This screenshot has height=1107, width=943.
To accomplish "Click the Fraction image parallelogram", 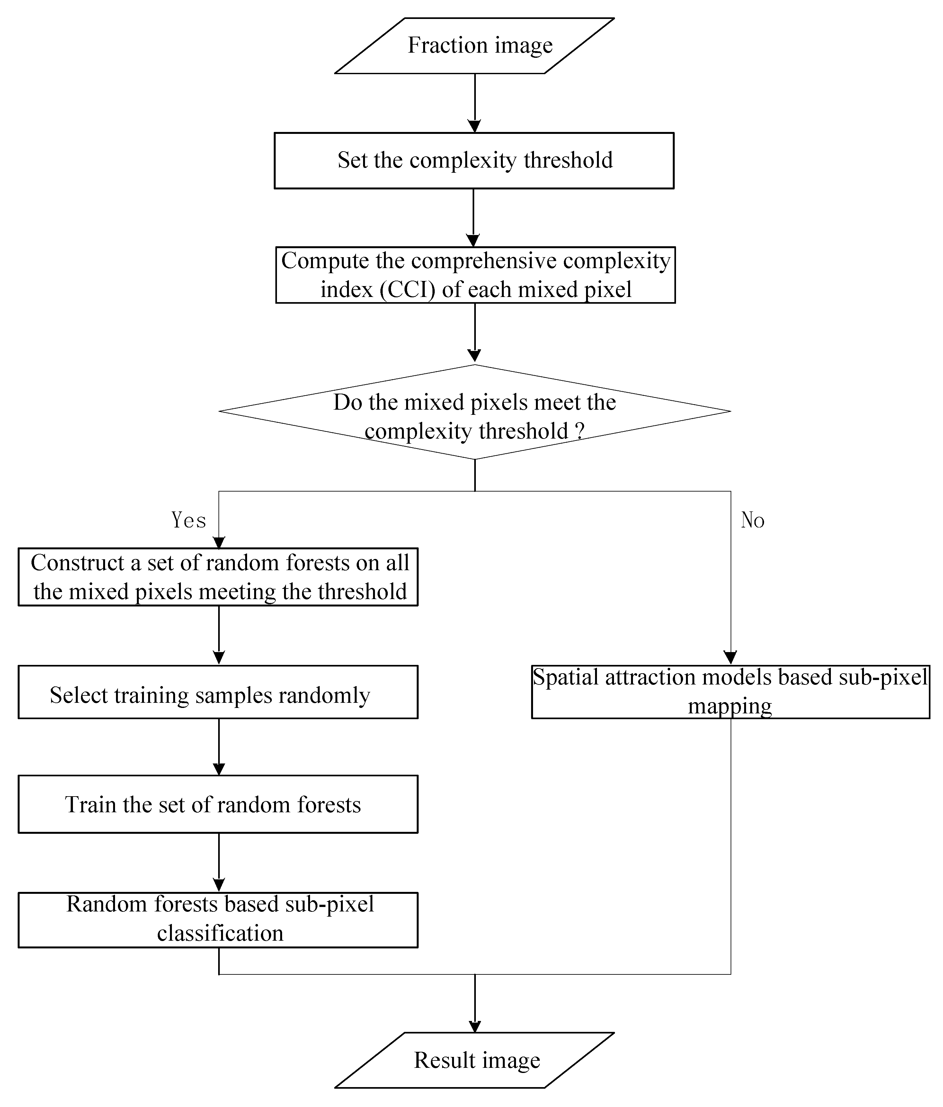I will pyautogui.click(x=474, y=46).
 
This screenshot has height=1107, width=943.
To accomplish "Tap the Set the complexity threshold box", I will pyautogui.click(x=474, y=160).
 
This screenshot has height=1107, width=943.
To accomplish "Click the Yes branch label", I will pyautogui.click(x=189, y=520).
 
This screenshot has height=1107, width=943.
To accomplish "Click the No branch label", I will pyautogui.click(x=753, y=520).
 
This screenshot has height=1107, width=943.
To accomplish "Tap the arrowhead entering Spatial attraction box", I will pyautogui.click(x=730, y=658).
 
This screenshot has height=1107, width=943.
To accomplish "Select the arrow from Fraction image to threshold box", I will pyautogui.click(x=475, y=101).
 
